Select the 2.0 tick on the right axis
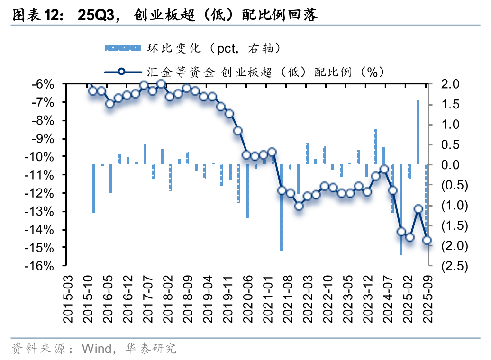coord(450,84)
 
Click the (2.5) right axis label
coord(454,266)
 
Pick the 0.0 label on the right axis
coord(450,164)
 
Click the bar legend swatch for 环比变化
coord(122,47)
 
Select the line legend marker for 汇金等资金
coord(122,72)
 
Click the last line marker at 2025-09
coord(427,240)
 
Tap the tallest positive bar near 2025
coord(418,133)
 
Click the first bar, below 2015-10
coord(94,189)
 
